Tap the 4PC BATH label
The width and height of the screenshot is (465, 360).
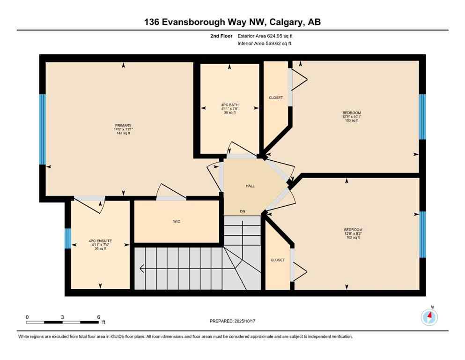[x=229, y=105]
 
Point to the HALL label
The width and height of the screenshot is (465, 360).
[x=250, y=186]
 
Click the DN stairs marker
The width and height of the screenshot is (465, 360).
[x=243, y=211]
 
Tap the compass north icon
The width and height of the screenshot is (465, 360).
[x=429, y=317]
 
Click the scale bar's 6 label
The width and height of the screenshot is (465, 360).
[x=98, y=317]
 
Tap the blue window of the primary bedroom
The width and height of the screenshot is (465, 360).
[x=42, y=129]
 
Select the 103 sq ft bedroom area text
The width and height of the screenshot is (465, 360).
[x=351, y=120]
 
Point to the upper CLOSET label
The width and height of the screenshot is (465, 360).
[x=276, y=97]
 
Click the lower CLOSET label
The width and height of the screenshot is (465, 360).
[x=277, y=260]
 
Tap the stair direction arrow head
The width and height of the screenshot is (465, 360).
[x=141, y=269]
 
